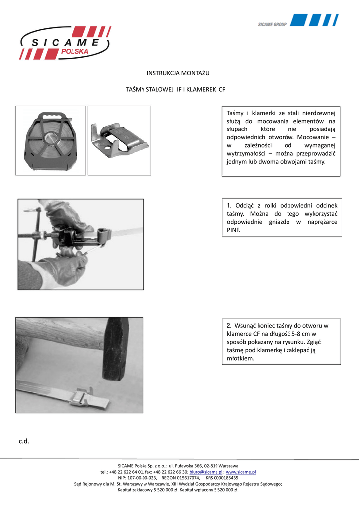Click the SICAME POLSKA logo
65,43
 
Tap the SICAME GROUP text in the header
272,24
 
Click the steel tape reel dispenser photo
51,140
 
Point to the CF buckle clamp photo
119,140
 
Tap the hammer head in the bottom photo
115,347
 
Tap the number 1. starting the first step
229,205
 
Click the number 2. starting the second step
229,325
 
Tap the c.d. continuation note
24,441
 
